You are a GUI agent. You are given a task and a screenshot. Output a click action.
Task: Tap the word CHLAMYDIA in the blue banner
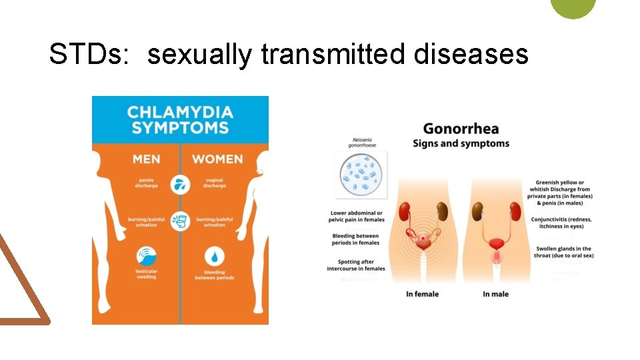coord(180,112)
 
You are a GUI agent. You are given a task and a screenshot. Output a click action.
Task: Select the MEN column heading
coord(146,159)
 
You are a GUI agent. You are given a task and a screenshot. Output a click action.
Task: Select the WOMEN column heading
coord(217,159)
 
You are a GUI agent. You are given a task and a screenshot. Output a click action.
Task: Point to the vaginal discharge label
coord(215,183)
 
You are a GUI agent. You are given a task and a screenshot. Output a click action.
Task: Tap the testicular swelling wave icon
coord(147,257)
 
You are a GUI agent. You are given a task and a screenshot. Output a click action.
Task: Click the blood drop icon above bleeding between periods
coord(215,257)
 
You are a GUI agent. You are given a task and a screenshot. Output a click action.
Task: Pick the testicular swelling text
coord(147,274)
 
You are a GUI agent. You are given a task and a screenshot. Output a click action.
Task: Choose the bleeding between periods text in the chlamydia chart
coord(215,275)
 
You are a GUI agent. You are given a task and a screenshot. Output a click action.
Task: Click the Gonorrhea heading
coord(461,128)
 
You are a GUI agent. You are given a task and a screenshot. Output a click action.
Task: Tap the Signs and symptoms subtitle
coord(461,143)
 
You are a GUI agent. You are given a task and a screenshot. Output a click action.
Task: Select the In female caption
coord(422,294)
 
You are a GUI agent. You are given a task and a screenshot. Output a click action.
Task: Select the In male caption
coord(495,294)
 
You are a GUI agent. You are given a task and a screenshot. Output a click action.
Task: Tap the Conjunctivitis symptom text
coord(561,223)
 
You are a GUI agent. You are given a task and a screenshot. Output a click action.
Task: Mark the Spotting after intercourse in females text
coord(356,265)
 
